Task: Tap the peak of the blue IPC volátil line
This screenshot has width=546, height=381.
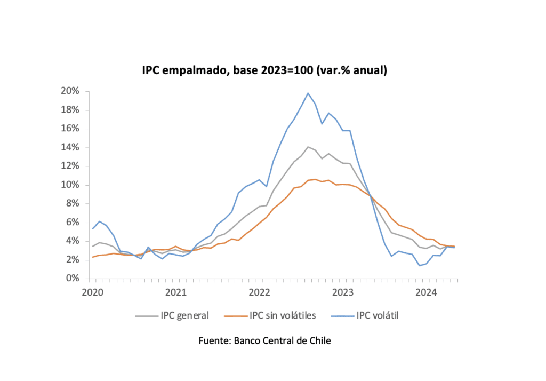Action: pyautogui.click(x=308, y=93)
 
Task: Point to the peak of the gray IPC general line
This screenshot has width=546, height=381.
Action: pyautogui.click(x=308, y=147)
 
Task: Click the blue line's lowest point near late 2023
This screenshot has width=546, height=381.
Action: pyautogui.click(x=420, y=265)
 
